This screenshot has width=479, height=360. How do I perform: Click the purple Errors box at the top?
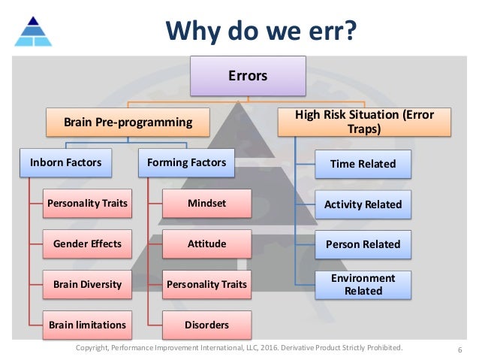[248, 76]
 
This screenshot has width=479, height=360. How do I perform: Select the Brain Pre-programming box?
[128, 120]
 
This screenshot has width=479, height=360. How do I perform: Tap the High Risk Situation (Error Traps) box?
[365, 122]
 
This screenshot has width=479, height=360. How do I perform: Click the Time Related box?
[363, 163]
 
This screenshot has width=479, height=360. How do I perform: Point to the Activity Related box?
[363, 204]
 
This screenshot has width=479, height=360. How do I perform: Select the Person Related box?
[363, 244]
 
